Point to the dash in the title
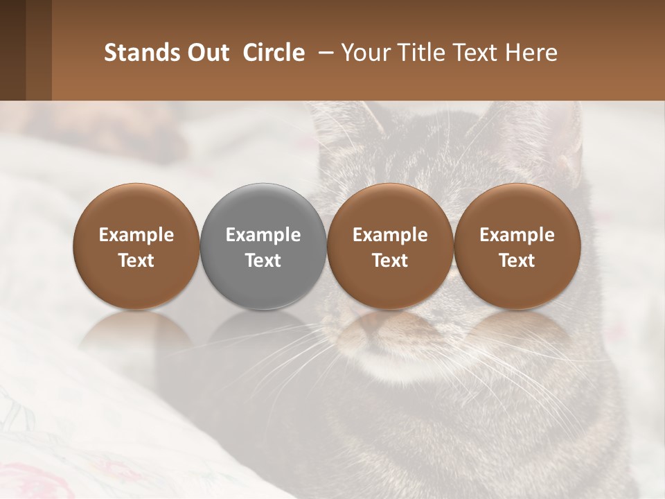323,53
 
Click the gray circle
263,247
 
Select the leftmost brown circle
136,247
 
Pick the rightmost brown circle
517,247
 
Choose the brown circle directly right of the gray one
390,247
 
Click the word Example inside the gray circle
263,235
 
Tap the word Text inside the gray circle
263,261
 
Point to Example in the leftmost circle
136,235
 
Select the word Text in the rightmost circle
517,261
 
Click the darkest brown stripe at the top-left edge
12,50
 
